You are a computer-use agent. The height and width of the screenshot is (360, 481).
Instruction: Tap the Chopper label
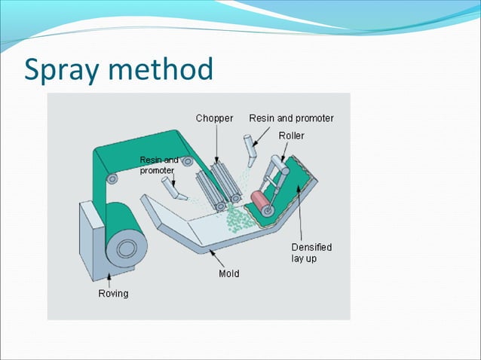coord(214,118)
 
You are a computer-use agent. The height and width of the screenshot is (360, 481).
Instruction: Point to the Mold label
coord(228,273)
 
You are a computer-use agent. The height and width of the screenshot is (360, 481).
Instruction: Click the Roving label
coord(113,294)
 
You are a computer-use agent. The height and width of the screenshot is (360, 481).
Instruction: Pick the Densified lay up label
coord(311,252)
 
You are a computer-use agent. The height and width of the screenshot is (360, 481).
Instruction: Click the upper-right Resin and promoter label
coord(291,118)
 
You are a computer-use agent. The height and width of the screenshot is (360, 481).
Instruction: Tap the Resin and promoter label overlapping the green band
coord(159,165)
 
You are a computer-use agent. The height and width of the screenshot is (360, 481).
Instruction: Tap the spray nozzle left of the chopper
coord(175,188)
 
